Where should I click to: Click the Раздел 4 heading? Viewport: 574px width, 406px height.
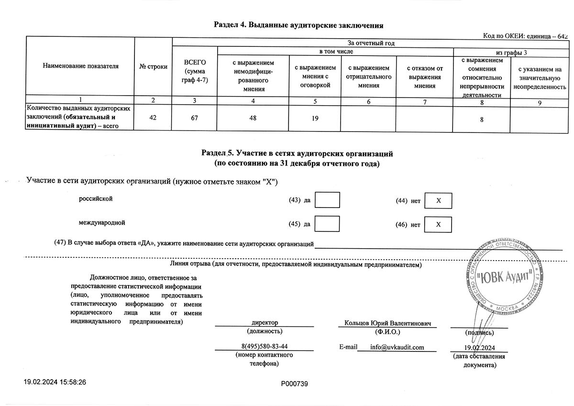[x=299, y=25]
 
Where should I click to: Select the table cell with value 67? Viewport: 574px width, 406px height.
[x=194, y=118]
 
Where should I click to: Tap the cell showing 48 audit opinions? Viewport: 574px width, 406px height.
[x=253, y=118]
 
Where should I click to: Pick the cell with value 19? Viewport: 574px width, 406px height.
[x=315, y=118]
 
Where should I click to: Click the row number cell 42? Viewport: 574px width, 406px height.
[x=153, y=118]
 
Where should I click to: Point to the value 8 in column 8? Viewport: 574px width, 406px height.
[x=482, y=118]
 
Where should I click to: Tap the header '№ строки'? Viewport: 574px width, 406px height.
[x=153, y=66]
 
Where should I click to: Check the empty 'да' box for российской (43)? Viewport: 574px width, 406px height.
[x=327, y=200]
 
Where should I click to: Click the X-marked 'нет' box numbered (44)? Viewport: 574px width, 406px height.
[x=438, y=201]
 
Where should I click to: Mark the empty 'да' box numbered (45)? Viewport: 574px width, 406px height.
[x=327, y=224]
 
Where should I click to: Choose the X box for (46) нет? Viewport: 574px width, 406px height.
[x=438, y=224]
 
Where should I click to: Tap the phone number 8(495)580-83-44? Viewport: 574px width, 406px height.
[x=265, y=346]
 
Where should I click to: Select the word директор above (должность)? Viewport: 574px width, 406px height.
[x=265, y=323]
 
